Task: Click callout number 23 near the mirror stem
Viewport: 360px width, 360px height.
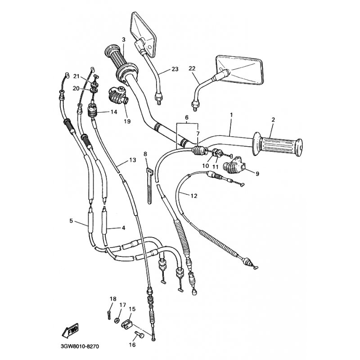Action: click(x=175, y=69)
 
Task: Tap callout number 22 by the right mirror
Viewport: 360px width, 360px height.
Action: click(x=192, y=68)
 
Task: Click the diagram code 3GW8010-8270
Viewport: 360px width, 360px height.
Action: click(x=80, y=346)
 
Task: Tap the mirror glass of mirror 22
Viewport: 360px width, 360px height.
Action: click(x=240, y=70)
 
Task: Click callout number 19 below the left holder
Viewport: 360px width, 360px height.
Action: click(x=127, y=121)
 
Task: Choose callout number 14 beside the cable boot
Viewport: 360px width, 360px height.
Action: click(x=114, y=112)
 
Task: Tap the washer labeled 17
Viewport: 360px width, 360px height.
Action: click(x=117, y=320)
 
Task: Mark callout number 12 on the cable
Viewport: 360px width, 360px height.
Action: click(x=194, y=196)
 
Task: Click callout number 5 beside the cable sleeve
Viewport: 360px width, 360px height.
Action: click(x=71, y=220)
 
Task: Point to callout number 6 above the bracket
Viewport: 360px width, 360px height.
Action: click(x=187, y=117)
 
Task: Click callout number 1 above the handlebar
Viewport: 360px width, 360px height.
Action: click(x=231, y=114)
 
